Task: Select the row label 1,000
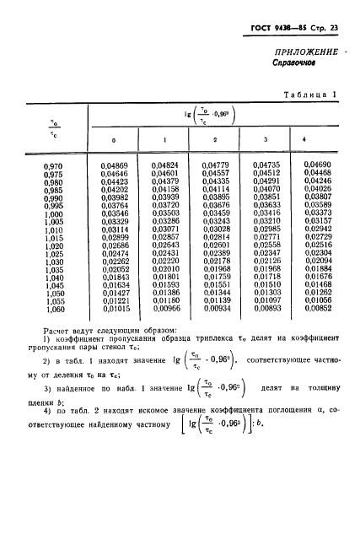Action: (x=53, y=213)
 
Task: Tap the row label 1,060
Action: (x=53, y=309)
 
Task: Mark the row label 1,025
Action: (x=53, y=253)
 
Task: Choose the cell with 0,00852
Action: (x=317, y=309)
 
